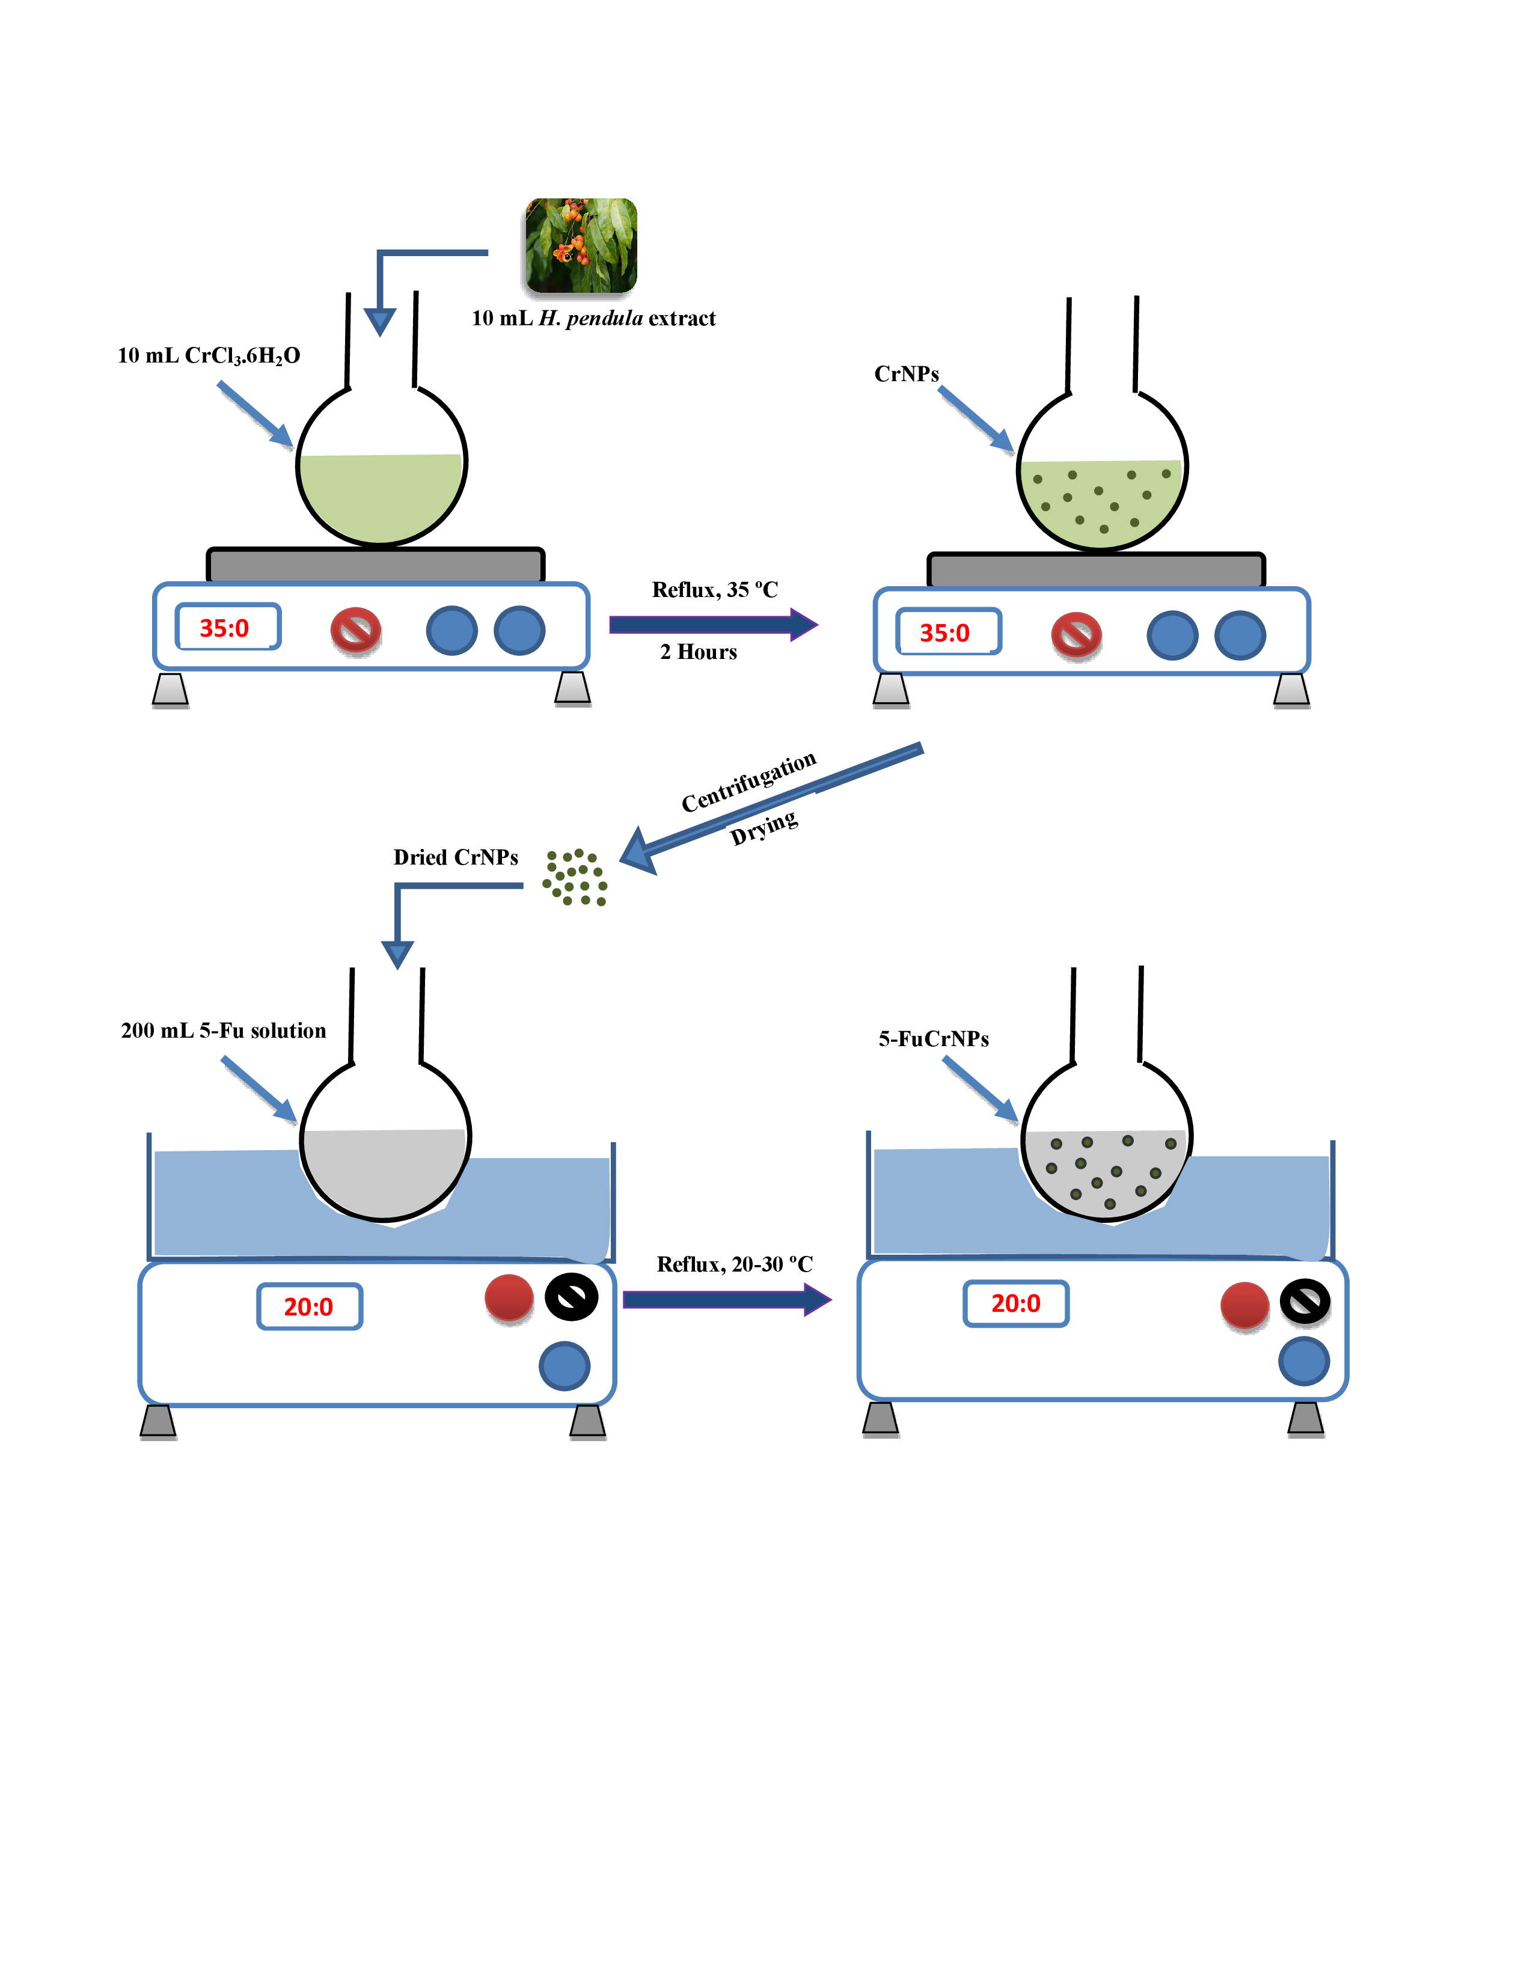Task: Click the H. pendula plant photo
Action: pos(581,245)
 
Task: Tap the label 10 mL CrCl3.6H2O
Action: pos(209,355)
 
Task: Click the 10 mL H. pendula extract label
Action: pos(593,318)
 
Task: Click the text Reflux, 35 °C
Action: pos(715,590)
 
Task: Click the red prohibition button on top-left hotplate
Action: pos(355,629)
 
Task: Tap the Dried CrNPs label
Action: pos(455,857)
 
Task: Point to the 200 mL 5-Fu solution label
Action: pos(224,1030)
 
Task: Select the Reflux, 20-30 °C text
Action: pos(734,1264)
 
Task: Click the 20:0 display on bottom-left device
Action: pos(309,1306)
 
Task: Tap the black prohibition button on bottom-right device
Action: pos(1305,1302)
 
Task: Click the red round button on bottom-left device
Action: pos(509,1297)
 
